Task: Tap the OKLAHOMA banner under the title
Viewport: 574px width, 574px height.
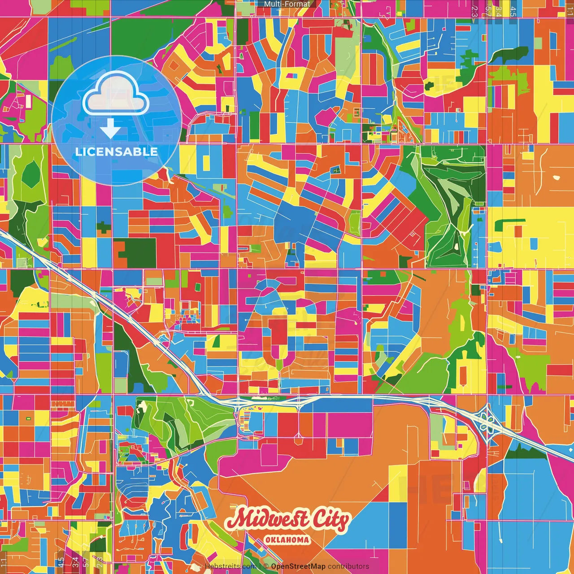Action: (287, 539)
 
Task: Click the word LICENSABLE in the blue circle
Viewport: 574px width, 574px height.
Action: (116, 152)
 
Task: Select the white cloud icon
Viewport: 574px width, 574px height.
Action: (116, 96)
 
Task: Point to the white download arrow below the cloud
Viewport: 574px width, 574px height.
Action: (110, 129)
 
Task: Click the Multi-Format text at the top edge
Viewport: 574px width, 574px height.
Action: (287, 4)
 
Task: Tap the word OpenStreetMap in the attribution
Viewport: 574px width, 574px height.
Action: (298, 566)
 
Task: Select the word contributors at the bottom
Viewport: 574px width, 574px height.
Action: (348, 566)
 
